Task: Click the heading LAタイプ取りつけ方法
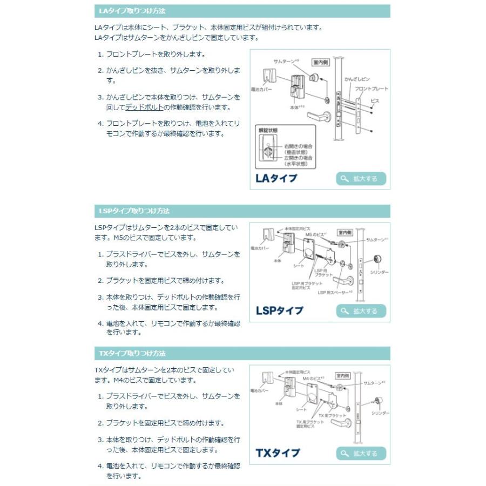132,11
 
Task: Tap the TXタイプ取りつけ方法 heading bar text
132,353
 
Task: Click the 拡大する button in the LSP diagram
361,311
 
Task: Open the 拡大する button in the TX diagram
361,453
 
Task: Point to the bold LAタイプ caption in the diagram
276,178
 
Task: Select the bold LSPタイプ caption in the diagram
279,310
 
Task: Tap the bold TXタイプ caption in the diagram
278,453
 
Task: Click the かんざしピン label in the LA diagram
356,79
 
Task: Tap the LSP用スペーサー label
335,293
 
